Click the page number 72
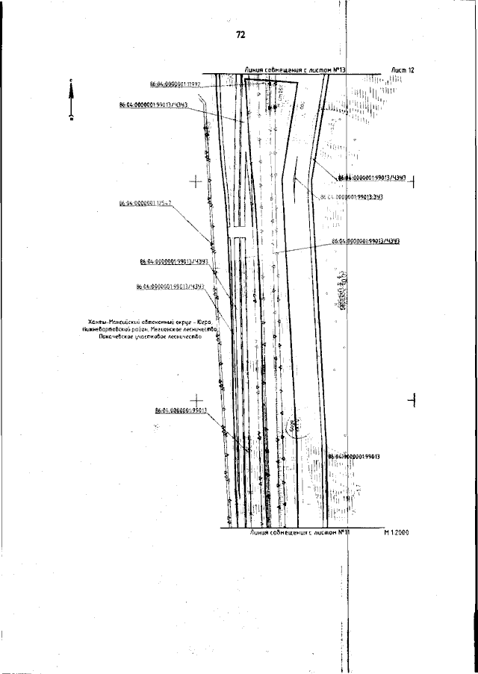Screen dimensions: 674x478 coord(240,34)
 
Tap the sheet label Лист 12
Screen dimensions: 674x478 coord(402,69)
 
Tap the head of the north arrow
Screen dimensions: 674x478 coord(71,85)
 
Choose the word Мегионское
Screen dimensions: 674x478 coord(170,328)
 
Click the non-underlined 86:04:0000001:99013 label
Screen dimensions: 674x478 coord(355,456)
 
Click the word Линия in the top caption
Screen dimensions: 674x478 coord(255,70)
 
